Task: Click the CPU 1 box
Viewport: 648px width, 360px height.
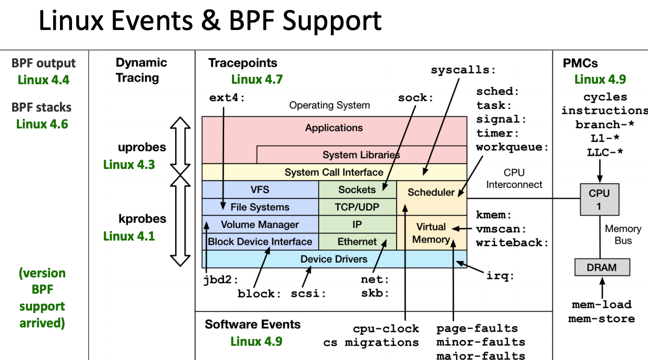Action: (x=599, y=199)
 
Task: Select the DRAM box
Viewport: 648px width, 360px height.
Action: (x=601, y=267)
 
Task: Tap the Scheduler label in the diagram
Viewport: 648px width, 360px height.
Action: (x=431, y=192)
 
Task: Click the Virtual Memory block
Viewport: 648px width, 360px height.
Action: (x=431, y=233)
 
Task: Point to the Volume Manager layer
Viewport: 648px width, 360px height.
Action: (x=260, y=225)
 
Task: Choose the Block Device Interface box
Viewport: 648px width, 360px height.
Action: (x=260, y=242)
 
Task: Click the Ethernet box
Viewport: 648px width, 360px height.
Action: (x=357, y=242)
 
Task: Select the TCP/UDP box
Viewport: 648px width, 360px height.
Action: (x=357, y=207)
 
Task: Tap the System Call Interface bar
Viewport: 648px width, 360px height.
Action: (x=334, y=172)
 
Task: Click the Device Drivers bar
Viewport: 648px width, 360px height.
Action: (x=334, y=259)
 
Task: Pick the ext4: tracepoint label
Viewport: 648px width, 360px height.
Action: (x=227, y=98)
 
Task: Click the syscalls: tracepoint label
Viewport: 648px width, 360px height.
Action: (x=463, y=70)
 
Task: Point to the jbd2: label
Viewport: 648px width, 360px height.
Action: (x=221, y=279)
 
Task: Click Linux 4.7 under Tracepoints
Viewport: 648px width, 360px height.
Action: (x=257, y=79)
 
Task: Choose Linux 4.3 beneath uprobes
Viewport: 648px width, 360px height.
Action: (x=129, y=164)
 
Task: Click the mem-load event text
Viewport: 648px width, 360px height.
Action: (x=601, y=305)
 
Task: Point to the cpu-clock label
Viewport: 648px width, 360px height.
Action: (x=386, y=329)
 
